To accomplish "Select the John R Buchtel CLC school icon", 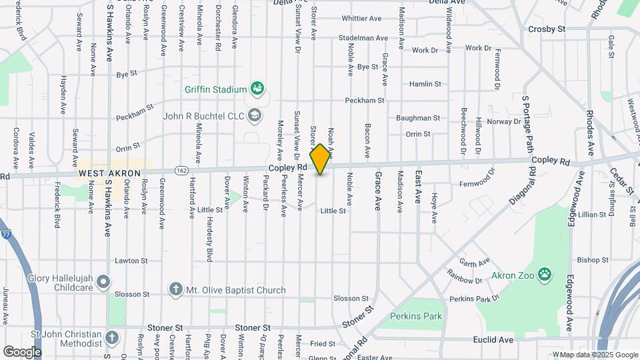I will pyautogui.click(x=254, y=116).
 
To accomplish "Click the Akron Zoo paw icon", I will pyautogui.click(x=545, y=273).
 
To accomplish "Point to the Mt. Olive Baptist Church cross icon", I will pyautogui.click(x=175, y=289).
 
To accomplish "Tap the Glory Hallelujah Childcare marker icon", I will pyautogui.click(x=103, y=282).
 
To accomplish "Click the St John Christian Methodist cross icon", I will pyautogui.click(x=111, y=338).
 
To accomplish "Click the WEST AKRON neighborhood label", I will pyautogui.click(x=109, y=173).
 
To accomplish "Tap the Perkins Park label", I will pyautogui.click(x=416, y=315).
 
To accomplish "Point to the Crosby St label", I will pyautogui.click(x=547, y=29).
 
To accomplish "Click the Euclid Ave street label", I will pyautogui.click(x=495, y=339).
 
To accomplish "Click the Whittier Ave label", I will pyautogui.click(x=363, y=18).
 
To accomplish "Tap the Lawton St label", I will pyautogui.click(x=131, y=261).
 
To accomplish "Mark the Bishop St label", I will pyautogui.click(x=589, y=260).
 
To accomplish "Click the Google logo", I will pyautogui.click(x=22, y=351).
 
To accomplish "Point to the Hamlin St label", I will pyautogui.click(x=425, y=84).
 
